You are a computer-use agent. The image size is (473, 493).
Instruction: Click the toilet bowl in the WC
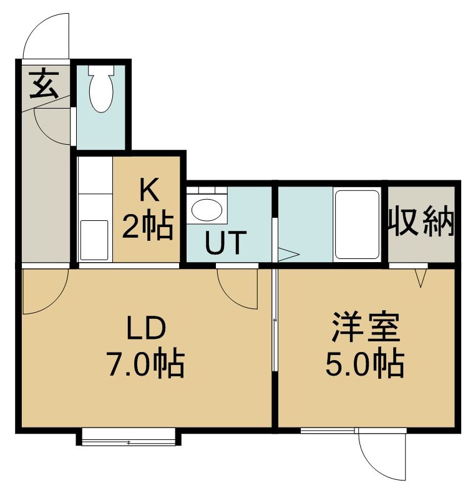coord(101,94)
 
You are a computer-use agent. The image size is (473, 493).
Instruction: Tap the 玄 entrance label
coord(44,84)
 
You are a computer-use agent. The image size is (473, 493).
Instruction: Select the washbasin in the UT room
coord(207,210)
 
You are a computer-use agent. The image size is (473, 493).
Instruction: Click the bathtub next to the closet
coord(358,225)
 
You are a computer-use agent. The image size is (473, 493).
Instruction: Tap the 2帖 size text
coord(148,227)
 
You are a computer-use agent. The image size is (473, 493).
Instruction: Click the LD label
coord(146,327)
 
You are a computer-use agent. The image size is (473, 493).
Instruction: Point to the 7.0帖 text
coord(146,363)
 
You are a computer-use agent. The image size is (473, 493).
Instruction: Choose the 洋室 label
coord(366,327)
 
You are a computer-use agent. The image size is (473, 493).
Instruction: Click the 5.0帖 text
coord(365,363)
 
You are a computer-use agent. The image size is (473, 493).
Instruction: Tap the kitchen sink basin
coord(94,240)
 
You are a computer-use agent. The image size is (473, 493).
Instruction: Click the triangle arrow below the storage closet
coord(421,278)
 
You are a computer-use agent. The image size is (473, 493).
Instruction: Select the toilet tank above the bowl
coord(101,70)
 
